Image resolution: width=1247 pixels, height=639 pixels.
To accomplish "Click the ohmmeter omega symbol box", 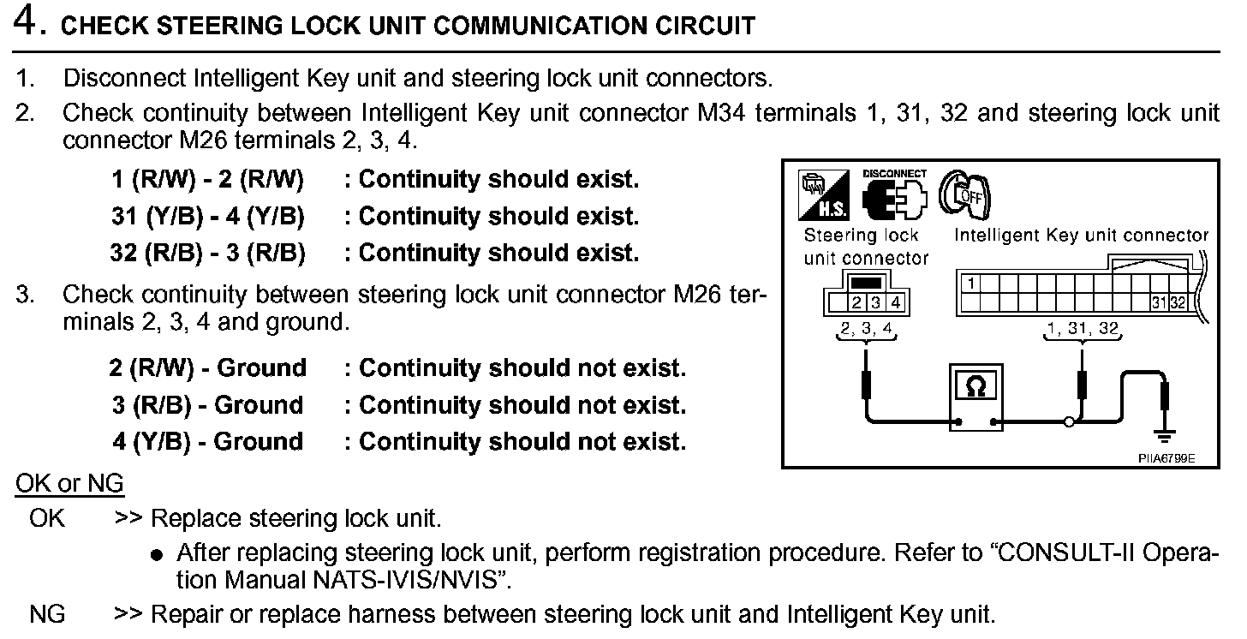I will [976, 387].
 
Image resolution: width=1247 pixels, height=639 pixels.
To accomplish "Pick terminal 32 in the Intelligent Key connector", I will [1178, 302].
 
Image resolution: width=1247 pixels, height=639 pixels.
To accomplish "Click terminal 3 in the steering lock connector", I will [875, 302].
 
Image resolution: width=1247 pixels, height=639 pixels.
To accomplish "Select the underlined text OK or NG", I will [69, 484].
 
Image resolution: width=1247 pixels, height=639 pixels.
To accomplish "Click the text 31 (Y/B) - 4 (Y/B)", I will [208, 217].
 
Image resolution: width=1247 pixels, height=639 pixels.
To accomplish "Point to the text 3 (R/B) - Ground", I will [208, 405].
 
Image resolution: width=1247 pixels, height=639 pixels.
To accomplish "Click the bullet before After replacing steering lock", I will [156, 555].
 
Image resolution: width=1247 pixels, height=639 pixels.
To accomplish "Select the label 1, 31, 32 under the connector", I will [1083, 328].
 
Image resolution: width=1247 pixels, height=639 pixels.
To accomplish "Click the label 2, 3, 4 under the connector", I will [867, 328].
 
